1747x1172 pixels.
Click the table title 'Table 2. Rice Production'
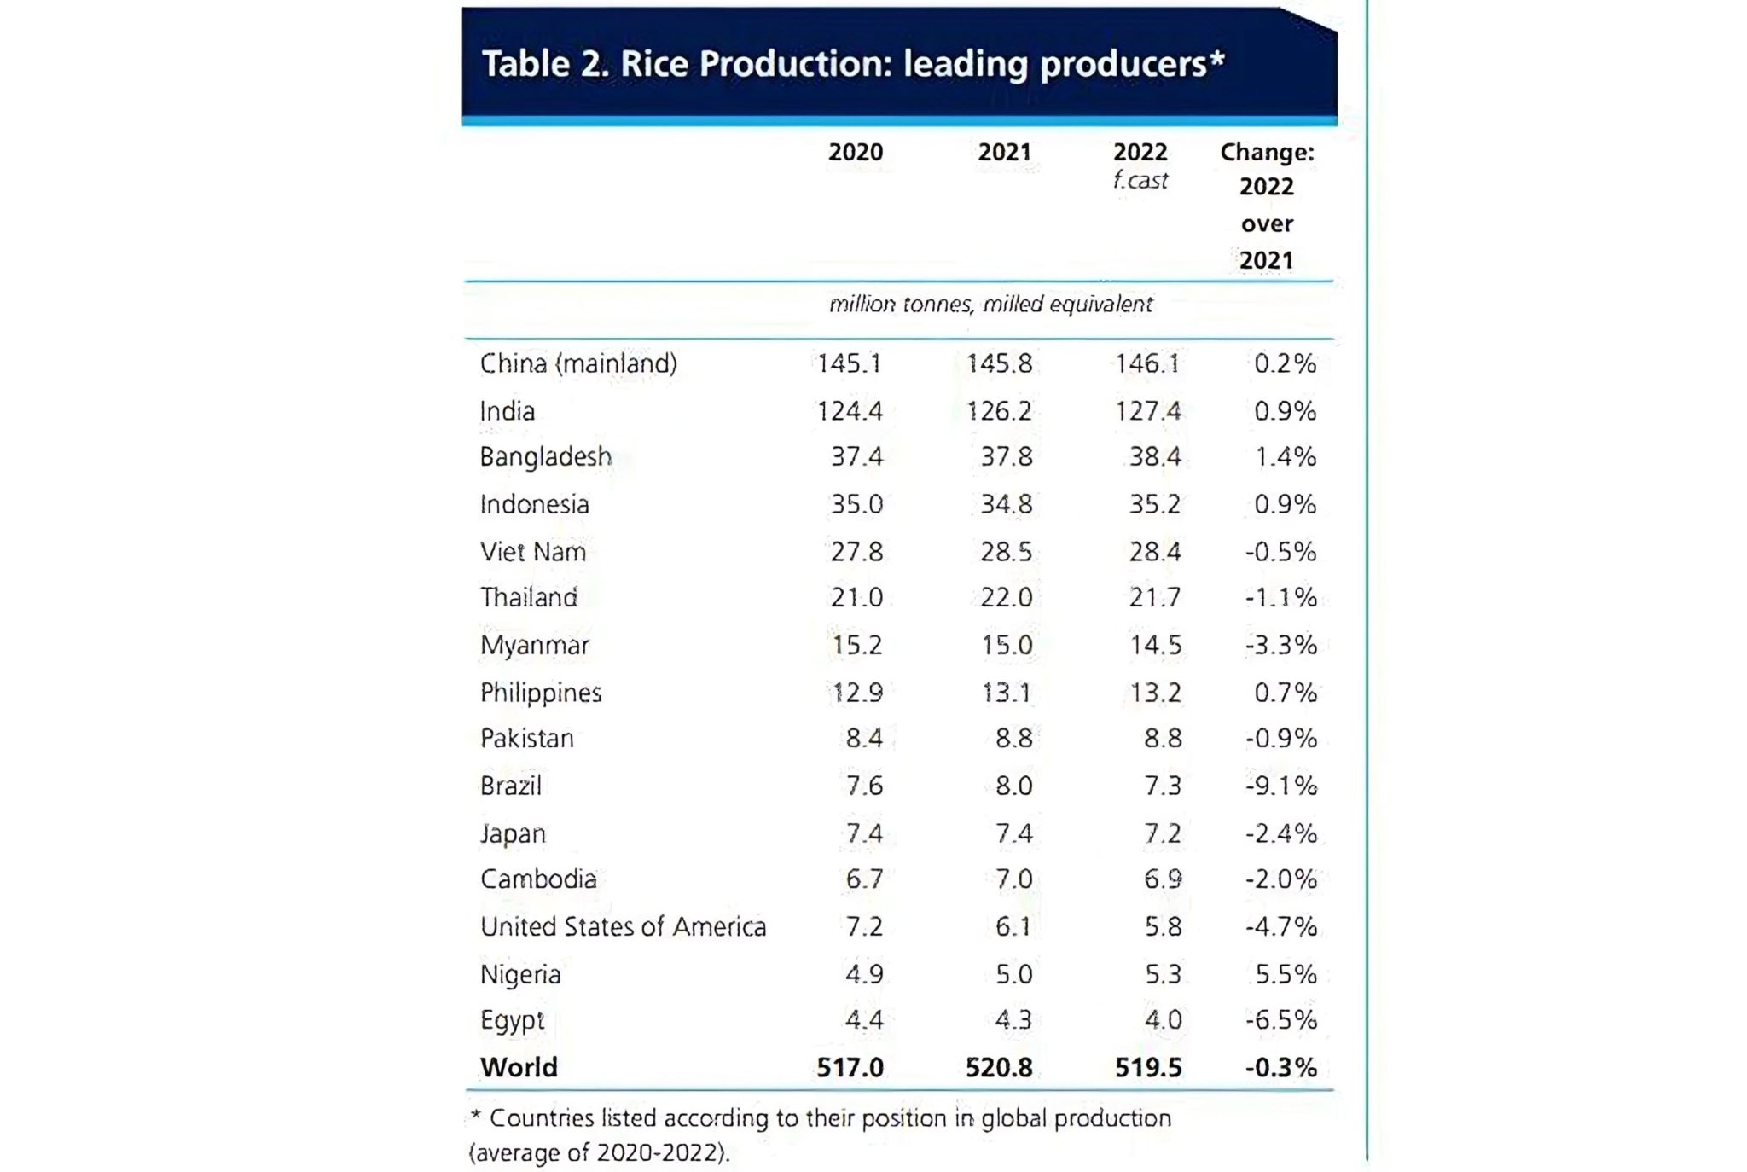click(x=853, y=64)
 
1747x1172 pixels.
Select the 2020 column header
click(x=856, y=152)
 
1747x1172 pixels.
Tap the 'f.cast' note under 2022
click(x=1140, y=181)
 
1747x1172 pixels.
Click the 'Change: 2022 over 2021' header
click(x=1267, y=206)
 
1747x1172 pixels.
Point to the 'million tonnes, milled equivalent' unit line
click(x=990, y=305)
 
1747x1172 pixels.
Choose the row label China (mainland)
click(x=578, y=363)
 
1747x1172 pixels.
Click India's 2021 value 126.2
click(x=999, y=411)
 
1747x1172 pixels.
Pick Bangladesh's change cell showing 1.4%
click(x=1285, y=457)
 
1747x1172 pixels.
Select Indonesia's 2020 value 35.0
click(x=856, y=504)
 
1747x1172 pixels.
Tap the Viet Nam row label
click(x=533, y=552)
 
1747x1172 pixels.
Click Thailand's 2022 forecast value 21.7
click(x=1155, y=597)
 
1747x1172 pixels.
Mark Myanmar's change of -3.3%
click(x=1280, y=645)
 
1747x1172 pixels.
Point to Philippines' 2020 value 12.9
click(x=856, y=692)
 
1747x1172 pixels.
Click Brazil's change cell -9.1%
click(x=1280, y=786)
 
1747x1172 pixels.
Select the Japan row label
click(x=513, y=833)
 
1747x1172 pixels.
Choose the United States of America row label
click(x=623, y=926)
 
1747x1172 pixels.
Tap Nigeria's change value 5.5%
click(x=1286, y=974)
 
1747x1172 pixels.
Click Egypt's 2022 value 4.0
click(x=1163, y=1020)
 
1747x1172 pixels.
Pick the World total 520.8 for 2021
click(x=999, y=1067)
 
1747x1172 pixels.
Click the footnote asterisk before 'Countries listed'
click(x=475, y=1116)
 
